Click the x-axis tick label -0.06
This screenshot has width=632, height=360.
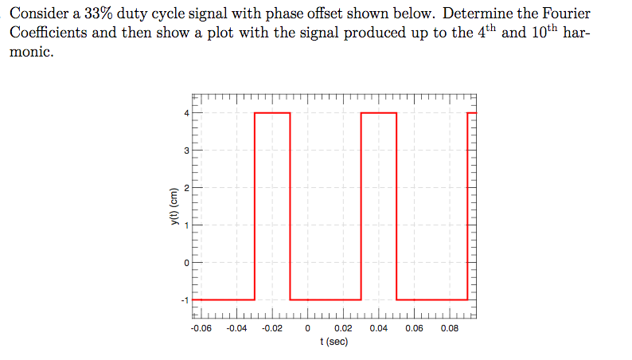pos(201,327)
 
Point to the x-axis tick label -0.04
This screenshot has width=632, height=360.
pos(236,327)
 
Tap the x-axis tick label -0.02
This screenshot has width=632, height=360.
pos(272,327)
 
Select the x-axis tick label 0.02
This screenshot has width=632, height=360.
pos(343,327)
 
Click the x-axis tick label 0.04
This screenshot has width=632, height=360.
pos(378,327)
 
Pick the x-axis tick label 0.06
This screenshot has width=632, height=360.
pos(414,327)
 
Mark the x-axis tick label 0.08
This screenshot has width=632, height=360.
pos(450,327)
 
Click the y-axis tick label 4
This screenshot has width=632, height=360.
pos(186,113)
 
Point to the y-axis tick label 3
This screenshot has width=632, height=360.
pos(186,151)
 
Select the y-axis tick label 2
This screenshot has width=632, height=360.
pos(186,188)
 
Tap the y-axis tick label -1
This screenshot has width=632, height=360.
pos(185,300)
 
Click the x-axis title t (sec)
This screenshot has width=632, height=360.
pos(334,341)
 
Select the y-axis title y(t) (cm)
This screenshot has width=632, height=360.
pos(169,207)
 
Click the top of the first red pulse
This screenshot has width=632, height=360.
pos(272,113)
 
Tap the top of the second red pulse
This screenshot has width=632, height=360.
pos(379,113)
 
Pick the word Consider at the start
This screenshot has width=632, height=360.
pos(37,14)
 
